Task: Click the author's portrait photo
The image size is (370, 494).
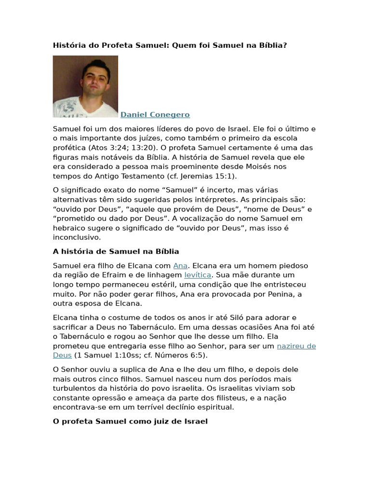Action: coord(85,86)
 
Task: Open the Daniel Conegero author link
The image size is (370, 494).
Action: coord(155,115)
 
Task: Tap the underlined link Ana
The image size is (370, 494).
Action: coord(180,266)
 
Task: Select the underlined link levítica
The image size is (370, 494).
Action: coord(198,275)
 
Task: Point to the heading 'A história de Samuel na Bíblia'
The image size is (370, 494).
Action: coord(116,251)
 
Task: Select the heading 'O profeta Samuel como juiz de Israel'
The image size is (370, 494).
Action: coord(130,421)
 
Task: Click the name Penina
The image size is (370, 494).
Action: coord(284,294)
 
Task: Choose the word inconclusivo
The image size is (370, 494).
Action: coord(77,237)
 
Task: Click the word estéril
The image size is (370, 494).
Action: coord(152,285)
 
